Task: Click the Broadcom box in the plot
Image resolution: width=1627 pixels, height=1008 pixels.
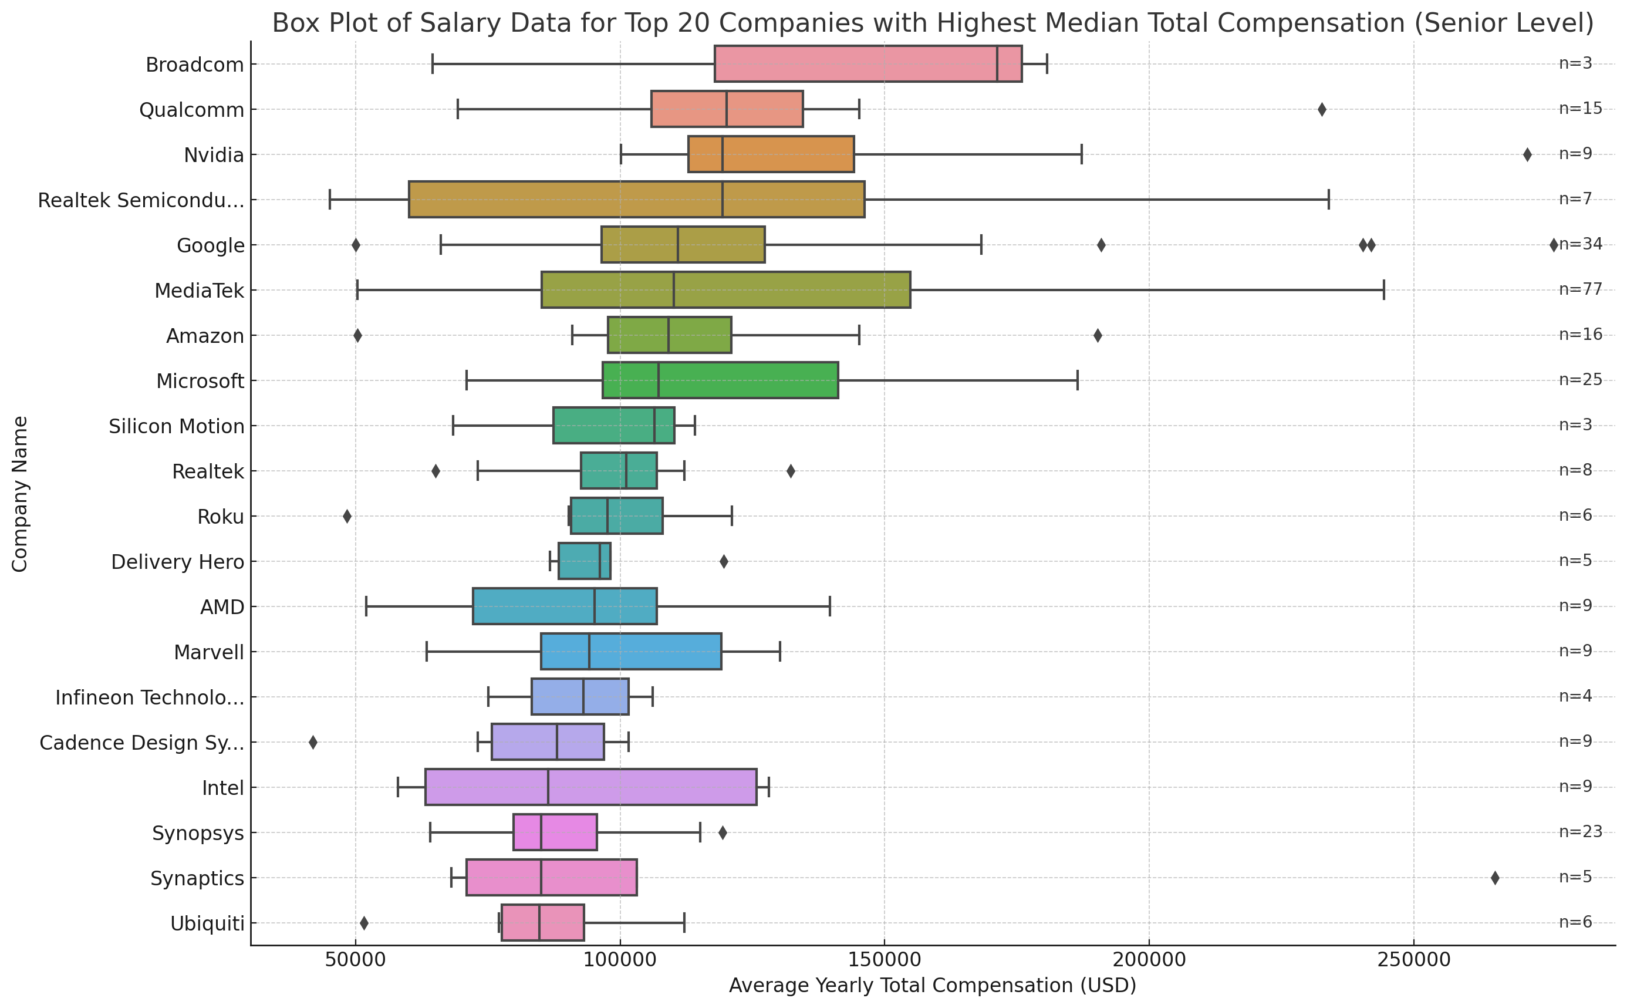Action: click(866, 64)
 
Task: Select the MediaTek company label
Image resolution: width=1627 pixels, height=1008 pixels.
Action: click(200, 291)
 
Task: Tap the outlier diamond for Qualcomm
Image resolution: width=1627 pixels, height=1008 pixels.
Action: click(1322, 109)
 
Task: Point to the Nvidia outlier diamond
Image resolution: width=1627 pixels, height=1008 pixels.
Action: click(1527, 154)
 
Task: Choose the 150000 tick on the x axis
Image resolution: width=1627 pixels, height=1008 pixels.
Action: click(885, 960)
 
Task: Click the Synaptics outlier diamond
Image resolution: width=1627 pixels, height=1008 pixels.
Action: click(1495, 878)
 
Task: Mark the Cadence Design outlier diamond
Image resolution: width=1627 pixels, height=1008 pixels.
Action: click(313, 743)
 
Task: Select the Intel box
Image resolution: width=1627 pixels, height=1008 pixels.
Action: click(590, 787)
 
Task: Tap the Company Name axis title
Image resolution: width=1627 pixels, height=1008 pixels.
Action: click(20, 494)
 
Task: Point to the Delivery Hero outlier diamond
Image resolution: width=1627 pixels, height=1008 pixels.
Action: click(724, 562)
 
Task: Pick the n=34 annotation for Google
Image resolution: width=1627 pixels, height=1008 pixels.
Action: click(1582, 244)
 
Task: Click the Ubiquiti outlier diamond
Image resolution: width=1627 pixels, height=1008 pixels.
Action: click(364, 923)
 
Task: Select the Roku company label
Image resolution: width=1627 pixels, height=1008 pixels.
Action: click(221, 517)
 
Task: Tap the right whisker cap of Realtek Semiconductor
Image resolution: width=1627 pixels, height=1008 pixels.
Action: click(1328, 200)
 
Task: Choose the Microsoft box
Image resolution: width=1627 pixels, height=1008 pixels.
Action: click(720, 380)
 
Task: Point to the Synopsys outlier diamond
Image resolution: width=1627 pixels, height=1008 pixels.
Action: click(723, 832)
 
